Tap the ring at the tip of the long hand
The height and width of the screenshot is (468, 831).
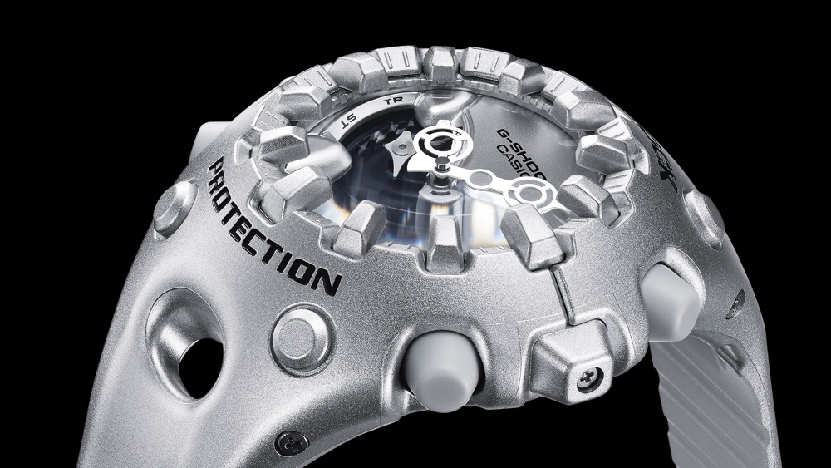click(526, 195)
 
